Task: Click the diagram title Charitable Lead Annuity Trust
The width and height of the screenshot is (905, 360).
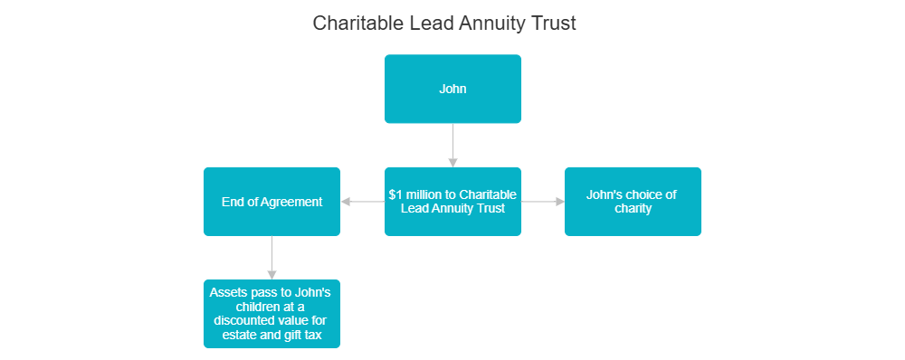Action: coord(444,24)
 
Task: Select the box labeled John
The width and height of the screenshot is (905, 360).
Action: coord(452,89)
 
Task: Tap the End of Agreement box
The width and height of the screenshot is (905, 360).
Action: coord(271,202)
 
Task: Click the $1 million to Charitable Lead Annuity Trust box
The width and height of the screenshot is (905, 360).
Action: coord(452,201)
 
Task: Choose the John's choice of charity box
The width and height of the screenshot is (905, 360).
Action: coord(632,201)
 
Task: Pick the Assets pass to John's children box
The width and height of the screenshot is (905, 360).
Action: coord(271,313)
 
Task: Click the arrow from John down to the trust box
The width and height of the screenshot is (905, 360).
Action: coord(452,145)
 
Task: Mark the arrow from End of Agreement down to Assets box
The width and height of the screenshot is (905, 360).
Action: coord(271,257)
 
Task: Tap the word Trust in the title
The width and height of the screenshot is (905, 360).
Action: coord(553,24)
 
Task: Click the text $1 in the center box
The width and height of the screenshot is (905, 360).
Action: coord(395,194)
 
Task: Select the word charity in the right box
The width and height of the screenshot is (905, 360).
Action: coord(632,208)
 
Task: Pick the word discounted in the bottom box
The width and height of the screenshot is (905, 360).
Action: coord(247,321)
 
